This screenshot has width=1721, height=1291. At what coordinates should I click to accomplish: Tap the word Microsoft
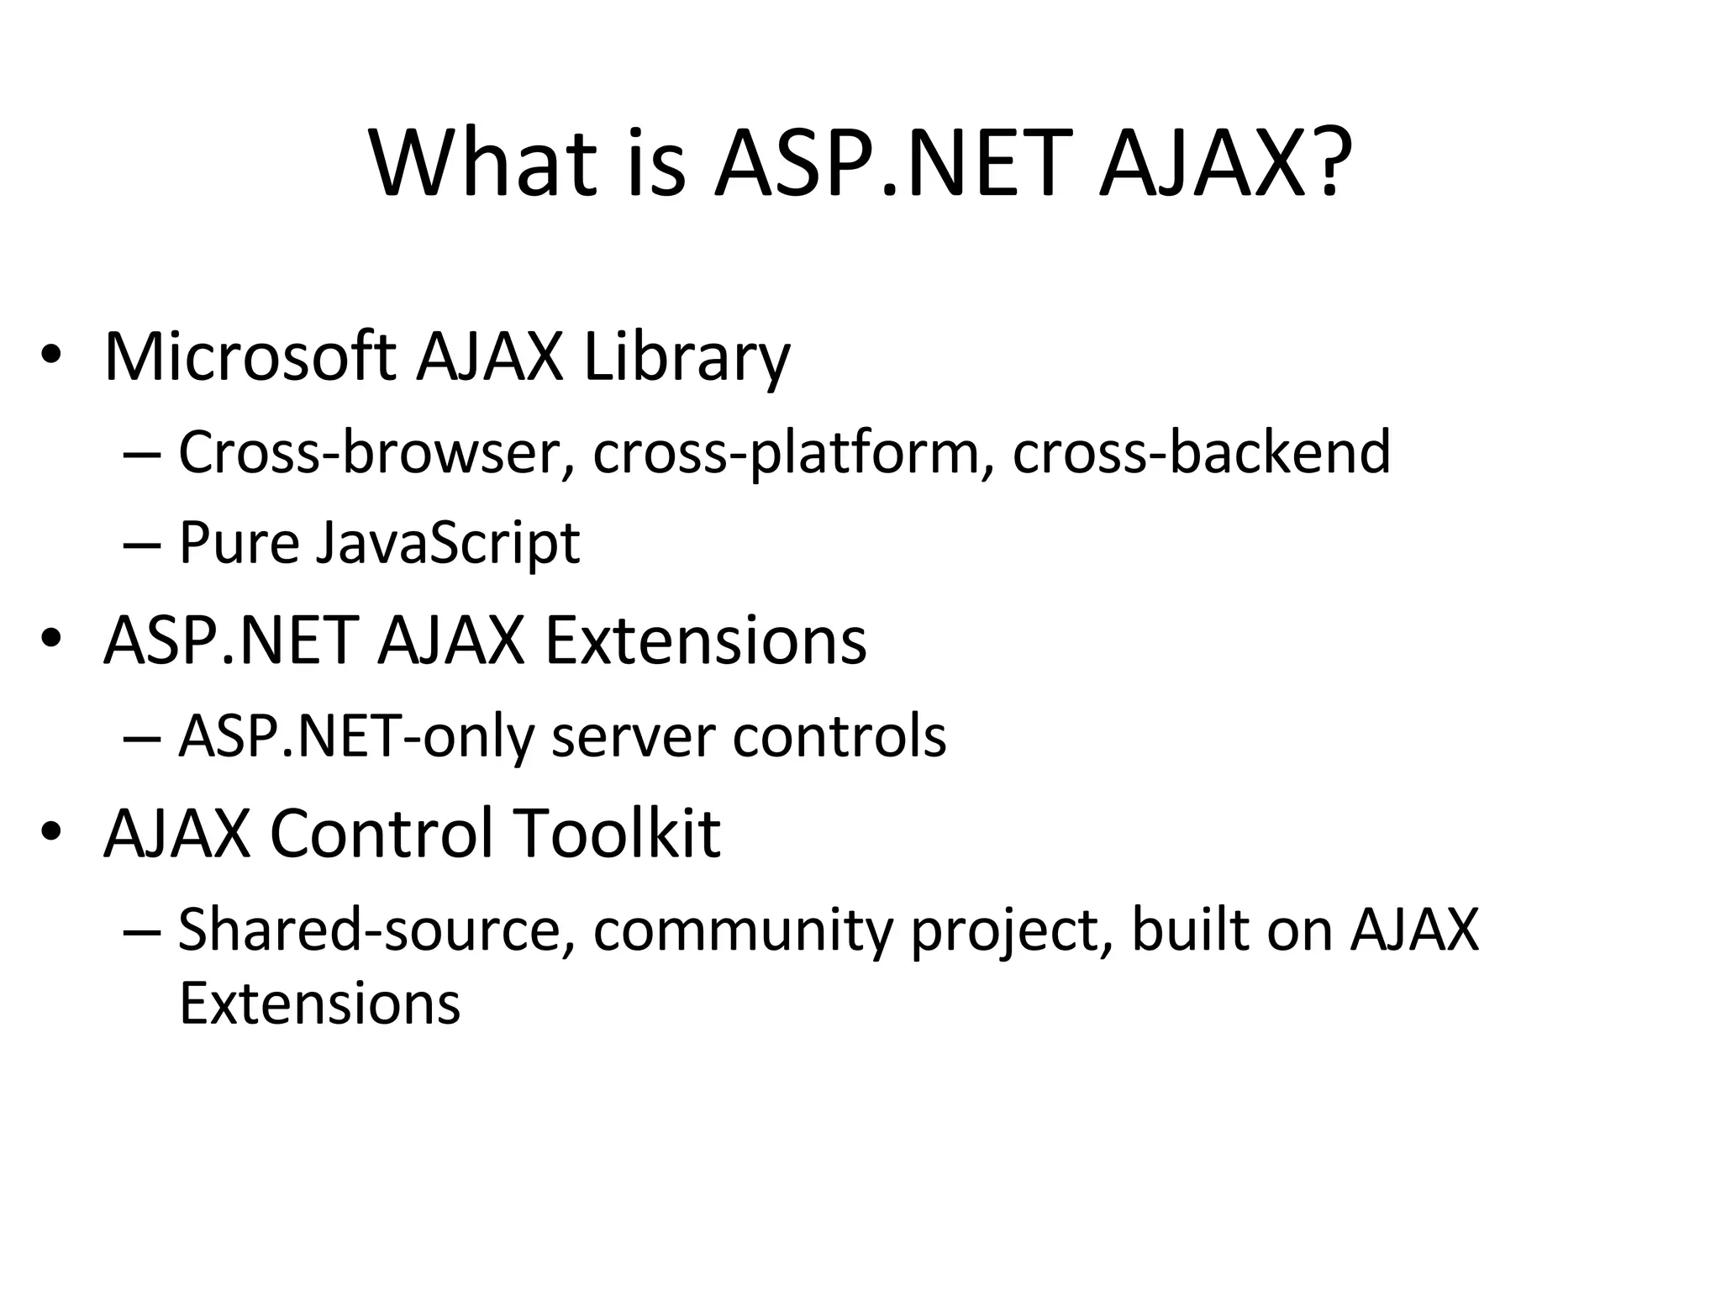pyautogui.click(x=250, y=356)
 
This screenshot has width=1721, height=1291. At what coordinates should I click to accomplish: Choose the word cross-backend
pyautogui.click(x=1202, y=452)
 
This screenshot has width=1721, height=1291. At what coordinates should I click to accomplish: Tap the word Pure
pyautogui.click(x=239, y=543)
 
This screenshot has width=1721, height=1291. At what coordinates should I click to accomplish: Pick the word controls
pyautogui.click(x=839, y=736)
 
